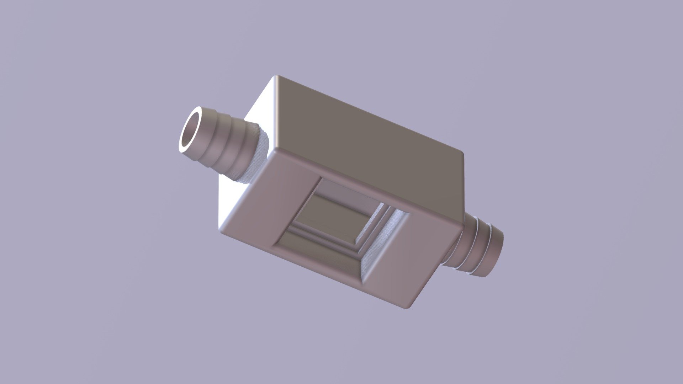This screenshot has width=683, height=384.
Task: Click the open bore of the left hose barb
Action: [x=191, y=132]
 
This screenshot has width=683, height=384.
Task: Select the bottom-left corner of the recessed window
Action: [x=275, y=245]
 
